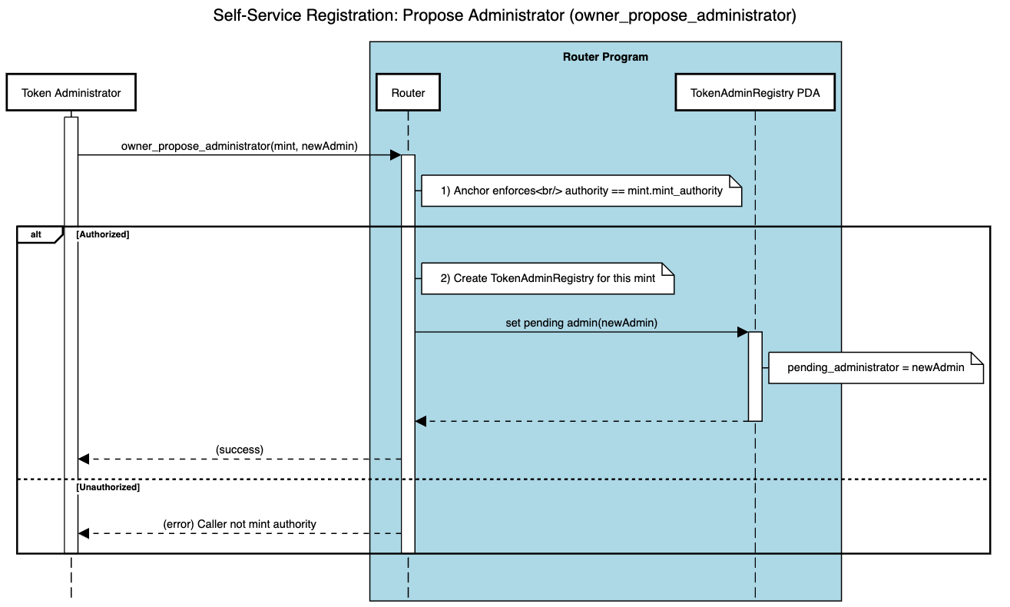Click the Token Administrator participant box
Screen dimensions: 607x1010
pos(71,93)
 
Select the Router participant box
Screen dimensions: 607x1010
pos(408,93)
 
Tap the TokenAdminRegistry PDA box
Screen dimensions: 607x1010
pos(754,93)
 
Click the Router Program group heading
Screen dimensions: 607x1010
pos(605,57)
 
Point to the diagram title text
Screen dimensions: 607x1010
pos(505,16)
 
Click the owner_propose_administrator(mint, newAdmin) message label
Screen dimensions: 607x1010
pos(239,146)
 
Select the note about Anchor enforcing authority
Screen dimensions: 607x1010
pos(581,191)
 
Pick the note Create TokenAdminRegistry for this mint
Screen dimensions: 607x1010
pos(548,278)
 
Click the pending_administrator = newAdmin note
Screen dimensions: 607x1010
pos(876,367)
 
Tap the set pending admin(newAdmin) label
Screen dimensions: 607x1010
pos(581,323)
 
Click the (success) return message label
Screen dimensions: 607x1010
pos(240,449)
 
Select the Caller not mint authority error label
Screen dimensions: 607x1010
pos(240,524)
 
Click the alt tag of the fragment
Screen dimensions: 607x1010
pos(36,234)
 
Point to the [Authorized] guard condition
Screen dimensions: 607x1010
pos(103,234)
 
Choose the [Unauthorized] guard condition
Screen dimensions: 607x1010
pos(108,487)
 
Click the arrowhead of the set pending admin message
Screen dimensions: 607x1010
pos(742,332)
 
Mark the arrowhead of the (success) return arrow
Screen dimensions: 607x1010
pos(84,459)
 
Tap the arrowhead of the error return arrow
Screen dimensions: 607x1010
pos(84,533)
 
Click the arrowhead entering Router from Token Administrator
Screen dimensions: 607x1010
pos(395,155)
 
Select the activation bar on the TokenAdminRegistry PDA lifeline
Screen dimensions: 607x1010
pos(755,376)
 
